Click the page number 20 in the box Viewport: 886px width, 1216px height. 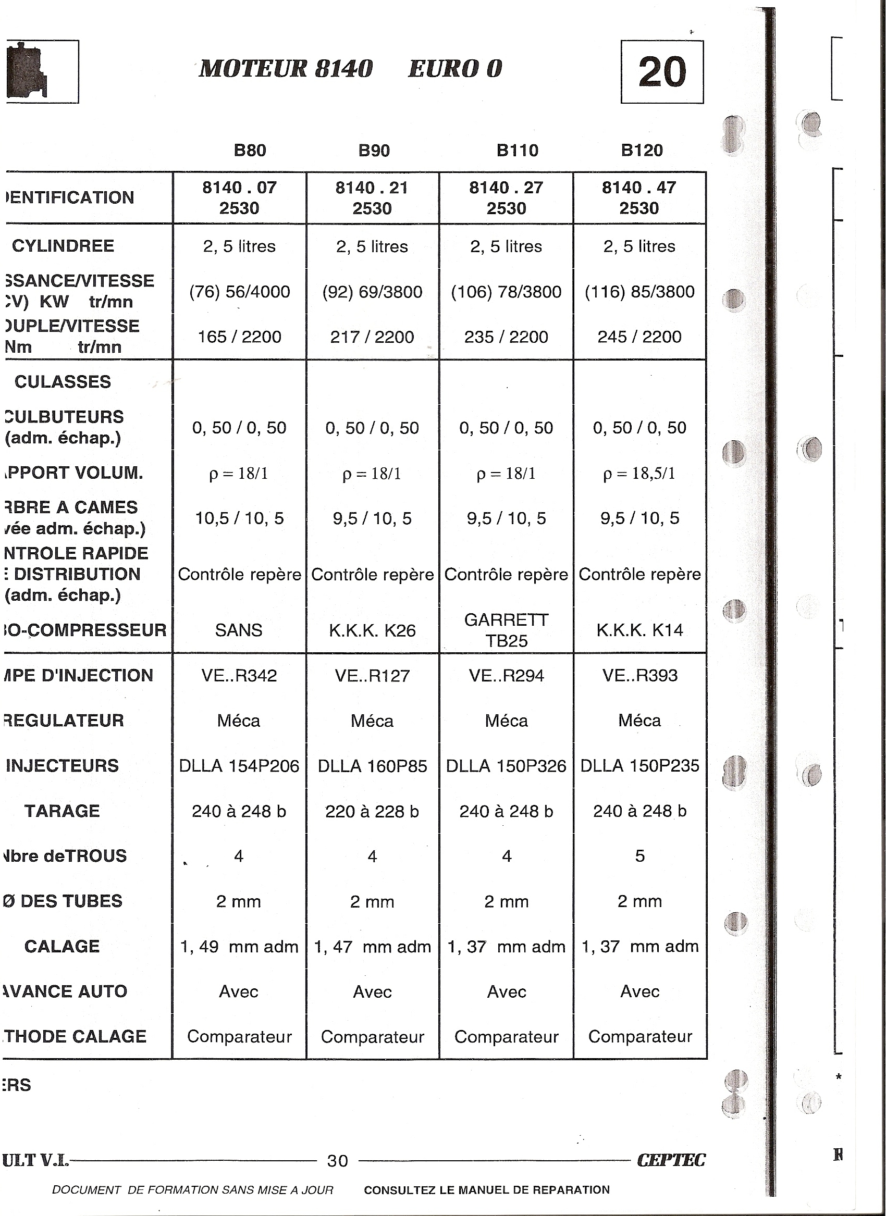[x=662, y=72]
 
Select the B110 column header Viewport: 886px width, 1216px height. [x=517, y=150]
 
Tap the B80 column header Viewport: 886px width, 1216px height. [x=250, y=150]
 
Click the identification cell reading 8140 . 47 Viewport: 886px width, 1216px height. [x=639, y=188]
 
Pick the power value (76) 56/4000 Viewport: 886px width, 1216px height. [x=239, y=292]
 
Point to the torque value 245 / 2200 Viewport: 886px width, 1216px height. [x=639, y=337]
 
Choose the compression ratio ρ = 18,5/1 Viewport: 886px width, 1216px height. [x=639, y=474]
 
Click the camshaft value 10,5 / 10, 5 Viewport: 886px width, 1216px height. [x=239, y=518]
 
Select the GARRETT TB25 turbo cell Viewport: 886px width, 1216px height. [x=506, y=630]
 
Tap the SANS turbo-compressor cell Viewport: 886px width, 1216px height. [x=239, y=630]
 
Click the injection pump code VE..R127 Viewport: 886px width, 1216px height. [x=372, y=676]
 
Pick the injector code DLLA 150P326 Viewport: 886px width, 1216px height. [x=506, y=766]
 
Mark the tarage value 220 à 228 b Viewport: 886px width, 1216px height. [x=372, y=811]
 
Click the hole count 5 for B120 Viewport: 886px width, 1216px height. [x=639, y=856]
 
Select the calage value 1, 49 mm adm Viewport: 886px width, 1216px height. [x=239, y=947]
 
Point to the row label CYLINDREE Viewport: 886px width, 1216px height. [x=63, y=246]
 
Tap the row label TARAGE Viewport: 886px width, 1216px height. [x=62, y=811]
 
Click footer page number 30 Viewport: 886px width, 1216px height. [x=337, y=1161]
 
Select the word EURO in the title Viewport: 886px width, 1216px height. [x=443, y=69]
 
